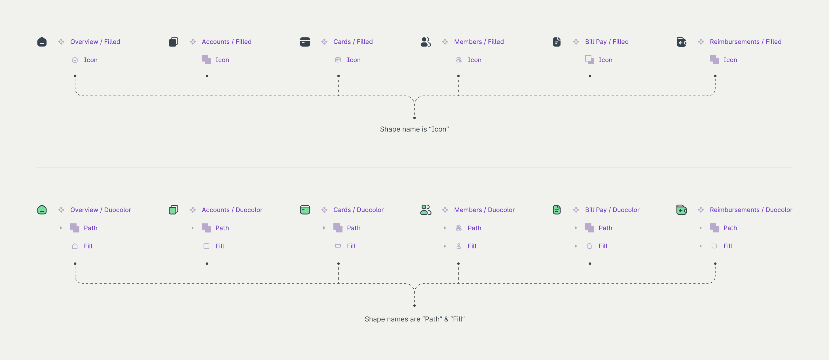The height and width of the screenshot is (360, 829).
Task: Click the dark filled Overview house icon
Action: [x=42, y=42]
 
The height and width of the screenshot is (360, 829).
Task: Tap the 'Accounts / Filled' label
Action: [x=226, y=42]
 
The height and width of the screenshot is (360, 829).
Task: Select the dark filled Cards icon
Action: [x=305, y=42]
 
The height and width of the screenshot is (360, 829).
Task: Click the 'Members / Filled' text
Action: [x=479, y=42]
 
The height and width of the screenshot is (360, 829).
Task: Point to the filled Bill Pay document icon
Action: [x=557, y=42]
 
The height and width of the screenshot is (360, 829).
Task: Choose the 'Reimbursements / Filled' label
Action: [x=745, y=42]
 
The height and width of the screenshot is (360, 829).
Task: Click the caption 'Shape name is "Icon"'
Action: [x=414, y=129]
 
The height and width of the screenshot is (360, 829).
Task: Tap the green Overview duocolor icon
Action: [x=42, y=210]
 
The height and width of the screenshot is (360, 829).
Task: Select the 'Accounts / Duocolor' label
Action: [x=232, y=210]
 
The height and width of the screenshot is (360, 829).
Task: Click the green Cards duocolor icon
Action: [x=305, y=210]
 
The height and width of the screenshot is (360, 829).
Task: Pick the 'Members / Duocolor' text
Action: [x=484, y=210]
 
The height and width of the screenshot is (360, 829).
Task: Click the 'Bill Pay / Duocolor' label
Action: [x=612, y=210]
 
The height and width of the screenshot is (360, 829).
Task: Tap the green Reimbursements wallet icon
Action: [x=681, y=210]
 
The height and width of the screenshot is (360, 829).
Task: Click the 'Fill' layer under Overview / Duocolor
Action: [x=88, y=246]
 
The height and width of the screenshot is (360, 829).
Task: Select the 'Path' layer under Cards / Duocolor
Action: [x=353, y=228]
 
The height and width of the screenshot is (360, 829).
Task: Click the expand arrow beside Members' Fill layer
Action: [x=445, y=246]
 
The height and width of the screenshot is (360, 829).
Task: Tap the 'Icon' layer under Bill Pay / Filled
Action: [x=605, y=60]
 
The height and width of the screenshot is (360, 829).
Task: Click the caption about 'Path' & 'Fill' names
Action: [x=415, y=319]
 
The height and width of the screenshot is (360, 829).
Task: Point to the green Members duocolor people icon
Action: [x=426, y=210]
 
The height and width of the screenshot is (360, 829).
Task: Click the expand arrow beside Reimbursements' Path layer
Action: [x=701, y=228]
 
